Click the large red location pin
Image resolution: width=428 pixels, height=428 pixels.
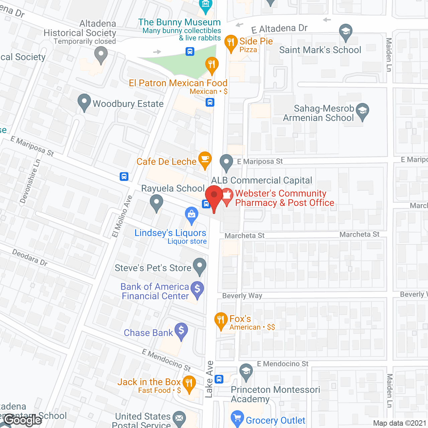pos(214,196)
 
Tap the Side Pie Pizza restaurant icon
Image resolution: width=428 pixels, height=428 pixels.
pos(231,43)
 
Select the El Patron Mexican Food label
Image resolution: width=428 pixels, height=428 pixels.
pos(178,83)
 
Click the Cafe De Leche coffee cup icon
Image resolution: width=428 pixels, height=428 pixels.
pos(205,159)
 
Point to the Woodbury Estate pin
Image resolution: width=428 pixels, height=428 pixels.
pos(84,102)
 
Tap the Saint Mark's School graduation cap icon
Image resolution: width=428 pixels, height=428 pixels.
pos(346,32)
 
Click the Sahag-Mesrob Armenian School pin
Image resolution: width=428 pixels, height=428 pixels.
pos(362,111)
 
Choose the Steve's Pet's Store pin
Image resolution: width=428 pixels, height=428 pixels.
pos(200,266)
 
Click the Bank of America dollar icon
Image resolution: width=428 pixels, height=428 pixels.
pos(197,289)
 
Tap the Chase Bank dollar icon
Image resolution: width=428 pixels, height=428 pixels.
pos(181,331)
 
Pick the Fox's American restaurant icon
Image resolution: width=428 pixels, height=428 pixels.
pos(221,320)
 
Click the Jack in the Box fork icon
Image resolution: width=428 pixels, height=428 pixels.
pos(189,383)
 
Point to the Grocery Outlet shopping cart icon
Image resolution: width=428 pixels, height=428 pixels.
pos(237,418)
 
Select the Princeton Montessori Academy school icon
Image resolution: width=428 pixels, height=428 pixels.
pos(246,371)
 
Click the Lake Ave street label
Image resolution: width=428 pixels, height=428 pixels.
pos(209,380)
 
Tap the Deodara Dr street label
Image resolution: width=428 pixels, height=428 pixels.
pos(30,257)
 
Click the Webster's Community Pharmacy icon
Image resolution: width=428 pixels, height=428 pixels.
pos(227,197)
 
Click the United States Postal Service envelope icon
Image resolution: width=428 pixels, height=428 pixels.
pos(180,418)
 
